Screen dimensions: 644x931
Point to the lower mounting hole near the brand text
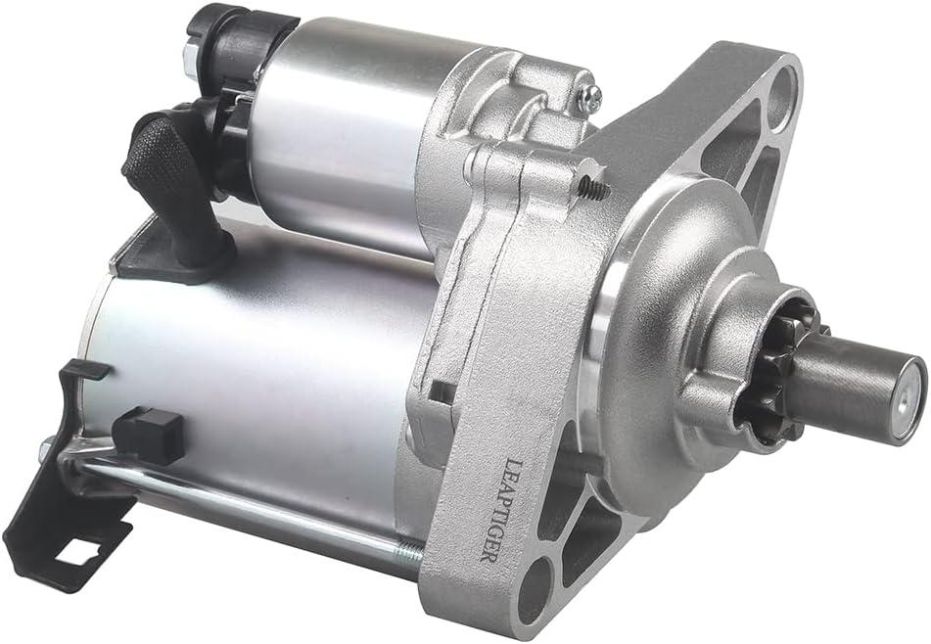536,593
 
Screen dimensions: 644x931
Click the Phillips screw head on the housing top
589,96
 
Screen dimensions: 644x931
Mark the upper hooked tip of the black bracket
85,370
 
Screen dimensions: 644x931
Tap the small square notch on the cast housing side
442,391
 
